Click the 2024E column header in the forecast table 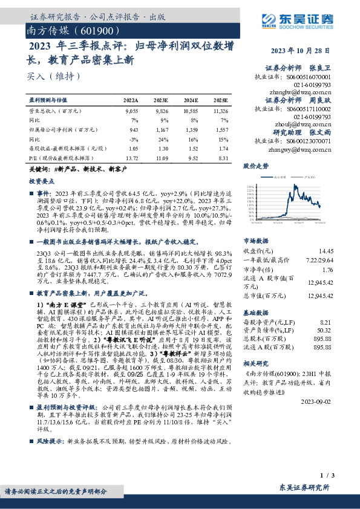tap(191, 100)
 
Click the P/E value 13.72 tap(130, 157)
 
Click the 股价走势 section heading tap(254, 165)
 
